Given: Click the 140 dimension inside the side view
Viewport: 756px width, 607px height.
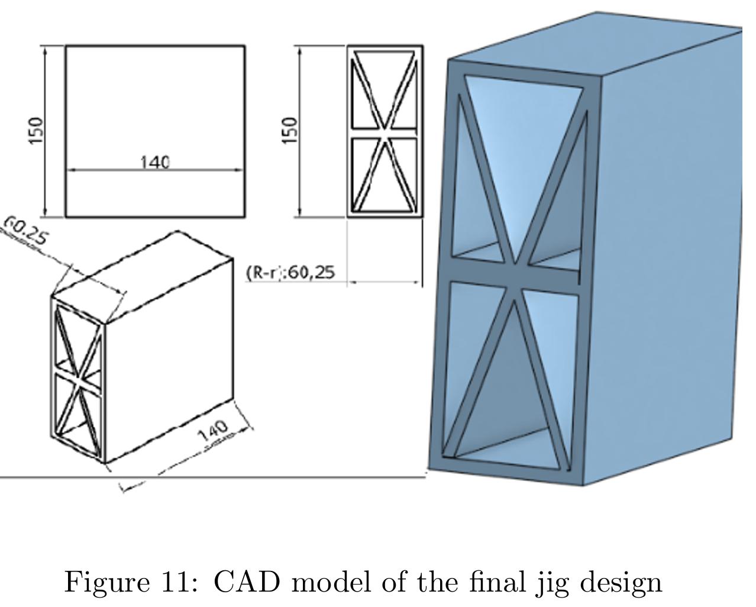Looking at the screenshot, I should pyautogui.click(x=155, y=161).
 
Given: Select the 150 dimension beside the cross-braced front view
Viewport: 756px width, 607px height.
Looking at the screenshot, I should pyautogui.click(x=289, y=130).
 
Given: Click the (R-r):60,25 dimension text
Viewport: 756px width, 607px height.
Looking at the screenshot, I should pyautogui.click(x=290, y=272).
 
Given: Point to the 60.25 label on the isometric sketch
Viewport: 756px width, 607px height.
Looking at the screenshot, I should pyautogui.click(x=25, y=231).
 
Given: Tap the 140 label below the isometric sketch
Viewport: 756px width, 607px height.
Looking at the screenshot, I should pyautogui.click(x=213, y=431).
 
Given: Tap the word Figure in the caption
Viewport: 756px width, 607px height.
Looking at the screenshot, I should pyautogui.click(x=106, y=583).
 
